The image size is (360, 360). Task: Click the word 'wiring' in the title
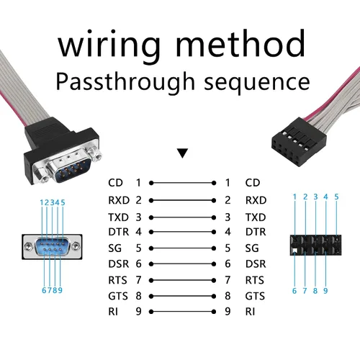[x=109, y=46]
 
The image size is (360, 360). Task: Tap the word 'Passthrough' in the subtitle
[x=125, y=81]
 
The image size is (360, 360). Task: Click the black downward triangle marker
[x=182, y=153]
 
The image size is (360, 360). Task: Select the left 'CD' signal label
[x=115, y=183]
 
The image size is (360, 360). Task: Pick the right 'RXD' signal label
[x=256, y=200]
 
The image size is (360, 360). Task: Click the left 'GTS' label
[x=118, y=296]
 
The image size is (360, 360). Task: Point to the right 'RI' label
[x=250, y=312]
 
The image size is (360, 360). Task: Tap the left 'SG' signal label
[x=114, y=248]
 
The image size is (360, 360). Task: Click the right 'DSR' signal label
[x=256, y=264]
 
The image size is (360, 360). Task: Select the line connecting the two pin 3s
[x=182, y=217]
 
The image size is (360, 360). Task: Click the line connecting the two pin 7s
[x=182, y=280]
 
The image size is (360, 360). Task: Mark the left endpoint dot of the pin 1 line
[x=151, y=183]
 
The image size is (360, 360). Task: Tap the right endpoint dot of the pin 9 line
[x=214, y=312]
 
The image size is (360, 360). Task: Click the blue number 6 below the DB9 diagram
[x=44, y=290]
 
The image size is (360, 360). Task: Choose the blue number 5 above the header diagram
[x=336, y=197]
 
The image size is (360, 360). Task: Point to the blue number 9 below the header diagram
[x=325, y=291]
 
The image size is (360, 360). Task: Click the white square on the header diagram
[x=294, y=251]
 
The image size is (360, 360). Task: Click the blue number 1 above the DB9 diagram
[x=41, y=202]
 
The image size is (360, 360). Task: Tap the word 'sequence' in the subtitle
[x=257, y=83]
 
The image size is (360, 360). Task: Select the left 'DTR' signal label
[x=119, y=232]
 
